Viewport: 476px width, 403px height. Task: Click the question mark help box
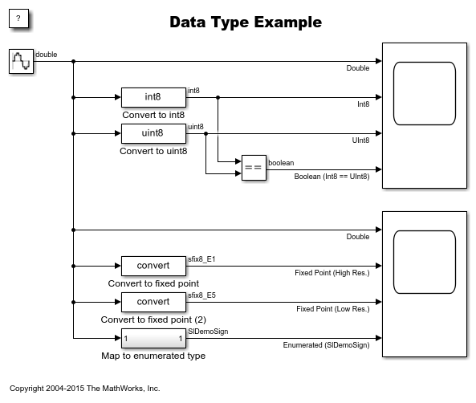pyautogui.click(x=18, y=18)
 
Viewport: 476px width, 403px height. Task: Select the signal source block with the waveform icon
pyautogui.click(x=21, y=61)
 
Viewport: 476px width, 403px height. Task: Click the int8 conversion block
pyautogui.click(x=153, y=97)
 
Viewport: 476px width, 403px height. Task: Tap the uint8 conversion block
pyautogui.click(x=153, y=133)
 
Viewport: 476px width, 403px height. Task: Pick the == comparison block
pyautogui.click(x=254, y=168)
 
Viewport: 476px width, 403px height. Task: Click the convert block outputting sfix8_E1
pyautogui.click(x=153, y=266)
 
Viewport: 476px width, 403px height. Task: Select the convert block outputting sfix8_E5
pyautogui.click(x=153, y=302)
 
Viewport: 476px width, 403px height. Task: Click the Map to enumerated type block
pyautogui.click(x=153, y=338)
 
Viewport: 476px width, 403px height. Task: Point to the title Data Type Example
pyautogui.click(x=246, y=22)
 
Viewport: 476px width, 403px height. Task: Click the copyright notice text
pyautogui.click(x=85, y=388)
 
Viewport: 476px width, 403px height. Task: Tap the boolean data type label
pyautogui.click(x=281, y=163)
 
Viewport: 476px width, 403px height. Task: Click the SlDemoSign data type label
pyautogui.click(x=208, y=332)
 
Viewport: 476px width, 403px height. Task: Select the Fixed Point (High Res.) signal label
pyautogui.click(x=332, y=273)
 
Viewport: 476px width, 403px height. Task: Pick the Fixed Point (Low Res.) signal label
pyautogui.click(x=333, y=309)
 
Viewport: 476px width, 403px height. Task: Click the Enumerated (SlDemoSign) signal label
pyautogui.click(x=327, y=345)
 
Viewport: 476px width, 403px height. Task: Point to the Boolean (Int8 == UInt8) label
pyautogui.click(x=332, y=177)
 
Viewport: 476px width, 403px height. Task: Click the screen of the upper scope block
pyautogui.click(x=425, y=94)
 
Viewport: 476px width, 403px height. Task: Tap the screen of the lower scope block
pyautogui.click(x=425, y=262)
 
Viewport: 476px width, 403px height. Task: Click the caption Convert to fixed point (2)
pyautogui.click(x=153, y=320)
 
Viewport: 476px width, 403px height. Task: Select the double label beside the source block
pyautogui.click(x=46, y=55)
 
